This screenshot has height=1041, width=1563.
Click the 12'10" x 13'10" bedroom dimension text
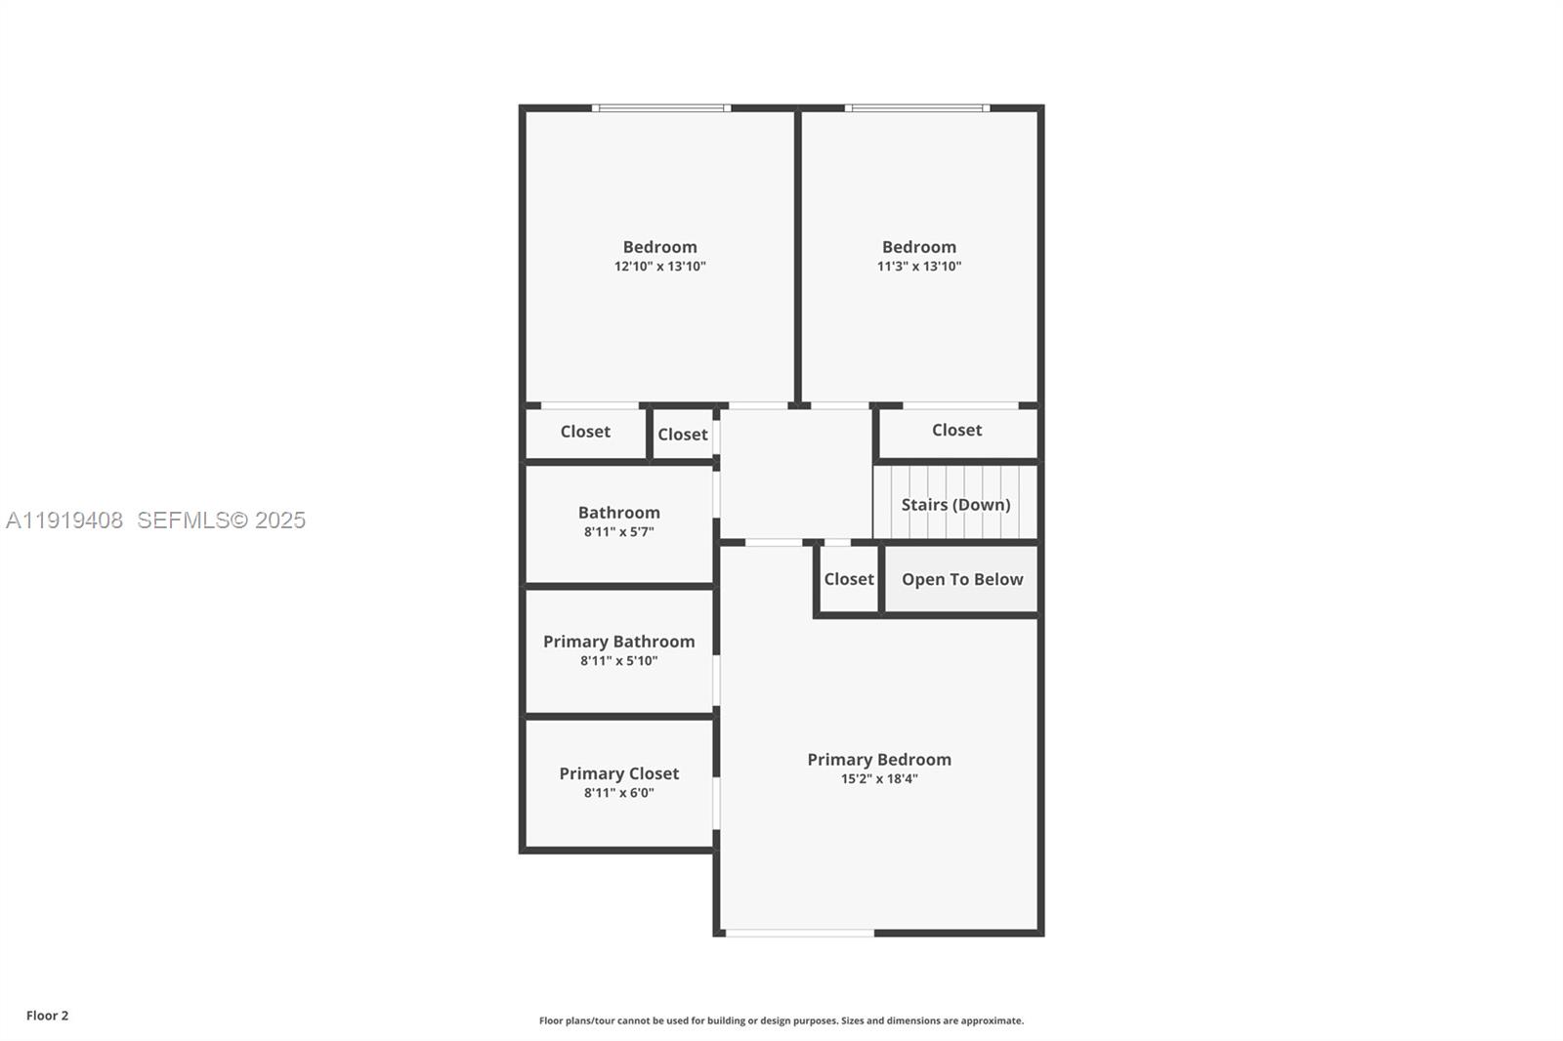click(x=659, y=267)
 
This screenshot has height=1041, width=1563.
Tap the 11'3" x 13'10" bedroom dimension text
click(x=918, y=267)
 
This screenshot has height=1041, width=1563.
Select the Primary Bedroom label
click(x=878, y=760)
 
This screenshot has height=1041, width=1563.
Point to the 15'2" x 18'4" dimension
click(x=878, y=779)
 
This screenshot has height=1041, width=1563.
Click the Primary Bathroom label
click(x=618, y=642)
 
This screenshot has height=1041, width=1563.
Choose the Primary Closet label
click(x=618, y=773)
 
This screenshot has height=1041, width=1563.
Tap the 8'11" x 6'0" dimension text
click(x=618, y=793)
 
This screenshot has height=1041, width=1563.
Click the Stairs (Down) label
click(x=954, y=505)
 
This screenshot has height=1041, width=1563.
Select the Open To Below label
click(x=961, y=579)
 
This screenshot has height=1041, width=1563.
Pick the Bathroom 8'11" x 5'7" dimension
click(x=618, y=532)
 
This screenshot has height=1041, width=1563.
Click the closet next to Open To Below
click(x=848, y=579)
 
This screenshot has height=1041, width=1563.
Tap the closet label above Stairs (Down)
click(x=956, y=430)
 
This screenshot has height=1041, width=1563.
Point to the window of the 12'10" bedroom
click(x=661, y=108)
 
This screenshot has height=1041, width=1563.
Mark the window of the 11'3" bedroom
click(x=916, y=108)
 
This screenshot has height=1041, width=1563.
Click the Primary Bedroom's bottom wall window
click(x=799, y=934)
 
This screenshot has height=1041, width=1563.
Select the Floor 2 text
click(x=47, y=1016)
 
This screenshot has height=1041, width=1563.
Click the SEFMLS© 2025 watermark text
click(x=221, y=520)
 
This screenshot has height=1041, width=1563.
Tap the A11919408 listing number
click(x=64, y=520)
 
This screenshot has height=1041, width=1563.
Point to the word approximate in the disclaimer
click(x=991, y=1020)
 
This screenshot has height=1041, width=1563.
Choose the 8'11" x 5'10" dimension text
click(x=618, y=661)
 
